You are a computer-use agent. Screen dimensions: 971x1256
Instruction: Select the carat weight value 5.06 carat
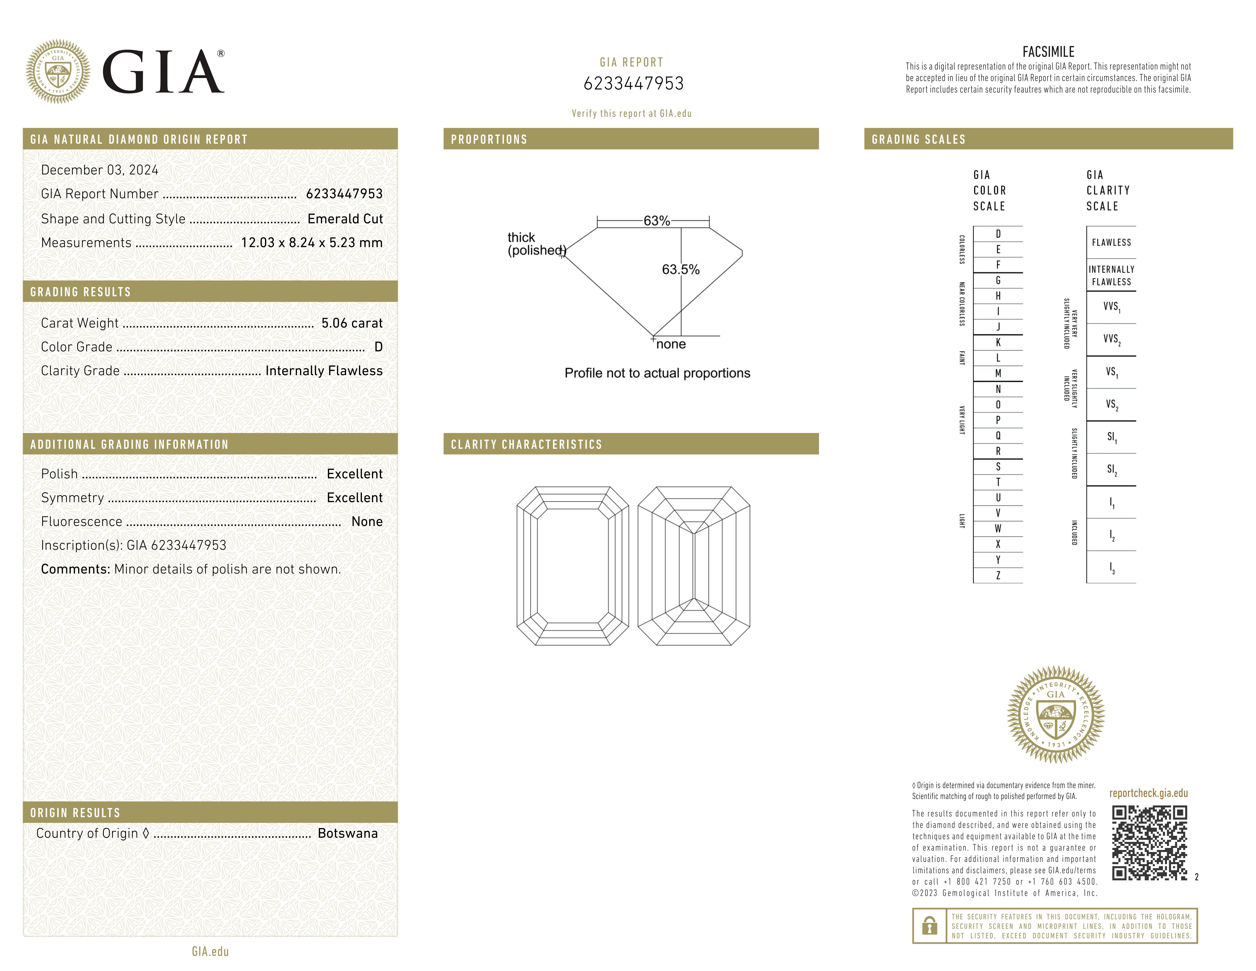tap(351, 323)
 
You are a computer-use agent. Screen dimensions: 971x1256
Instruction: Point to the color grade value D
tap(378, 347)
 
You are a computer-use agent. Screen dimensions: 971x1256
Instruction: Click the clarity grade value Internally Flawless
tap(324, 371)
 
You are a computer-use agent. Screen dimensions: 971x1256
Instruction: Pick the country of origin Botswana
tap(347, 833)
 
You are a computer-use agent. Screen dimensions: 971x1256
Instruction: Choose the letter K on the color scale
tap(998, 342)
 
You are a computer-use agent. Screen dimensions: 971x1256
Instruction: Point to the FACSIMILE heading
tap(1048, 52)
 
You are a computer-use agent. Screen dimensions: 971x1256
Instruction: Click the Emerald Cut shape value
tap(345, 219)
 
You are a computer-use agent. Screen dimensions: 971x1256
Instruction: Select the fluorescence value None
tap(367, 522)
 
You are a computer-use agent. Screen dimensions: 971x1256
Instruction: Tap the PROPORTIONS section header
tap(489, 139)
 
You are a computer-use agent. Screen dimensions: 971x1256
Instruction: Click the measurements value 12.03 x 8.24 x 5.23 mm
tap(312, 243)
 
